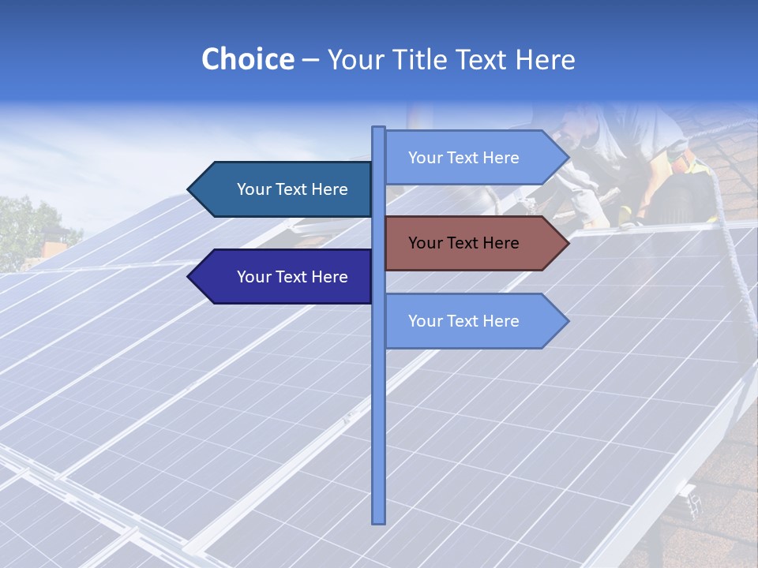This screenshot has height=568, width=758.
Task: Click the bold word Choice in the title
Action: coord(247,60)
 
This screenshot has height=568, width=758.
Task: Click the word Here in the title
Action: coord(545,60)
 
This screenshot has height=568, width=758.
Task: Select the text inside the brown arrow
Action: coord(463,243)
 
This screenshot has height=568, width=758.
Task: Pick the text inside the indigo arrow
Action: coord(292,277)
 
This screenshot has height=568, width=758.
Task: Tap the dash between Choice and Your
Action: coord(310,60)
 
